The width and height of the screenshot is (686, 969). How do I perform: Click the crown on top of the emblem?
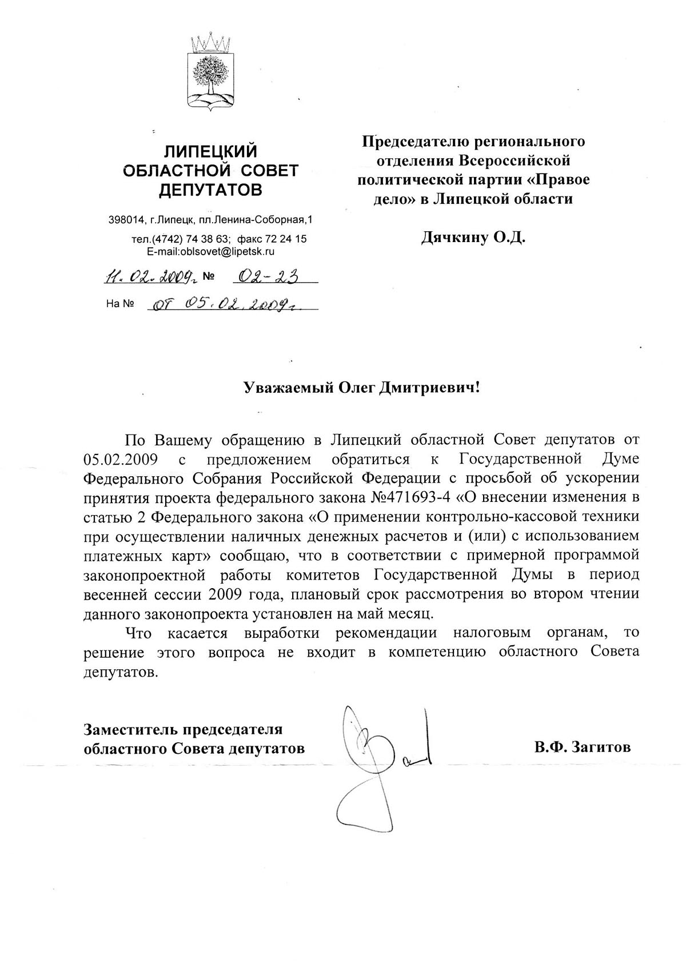click(211, 42)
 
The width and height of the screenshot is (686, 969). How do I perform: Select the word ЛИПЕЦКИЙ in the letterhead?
click(210, 151)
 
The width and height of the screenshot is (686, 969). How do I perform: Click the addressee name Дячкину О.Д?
click(473, 236)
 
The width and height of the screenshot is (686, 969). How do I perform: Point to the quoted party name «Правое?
click(559, 179)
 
